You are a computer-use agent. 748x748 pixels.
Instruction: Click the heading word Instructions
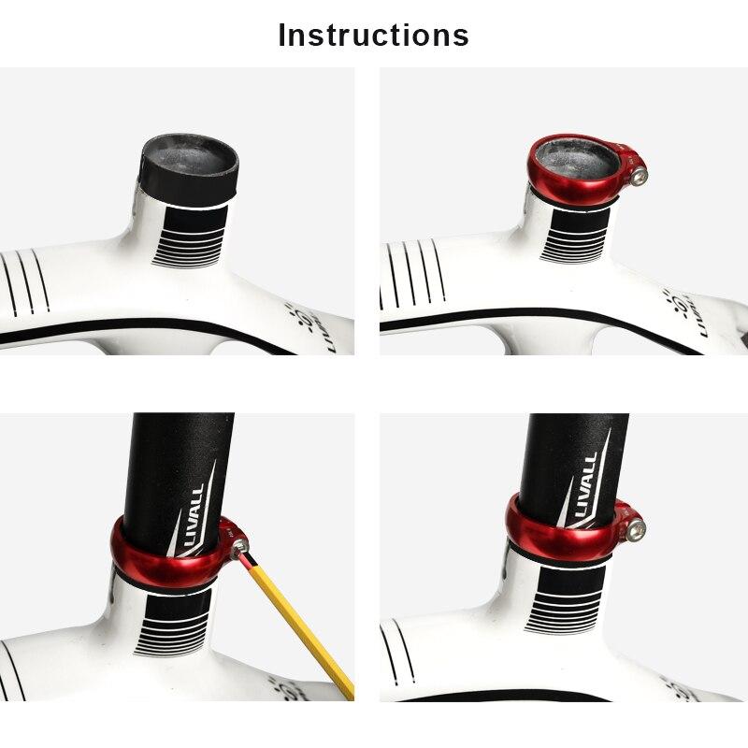coord(374,35)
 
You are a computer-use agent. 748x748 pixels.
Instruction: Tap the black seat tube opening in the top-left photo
coord(189,162)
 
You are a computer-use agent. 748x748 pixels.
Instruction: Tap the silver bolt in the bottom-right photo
coord(638,529)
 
